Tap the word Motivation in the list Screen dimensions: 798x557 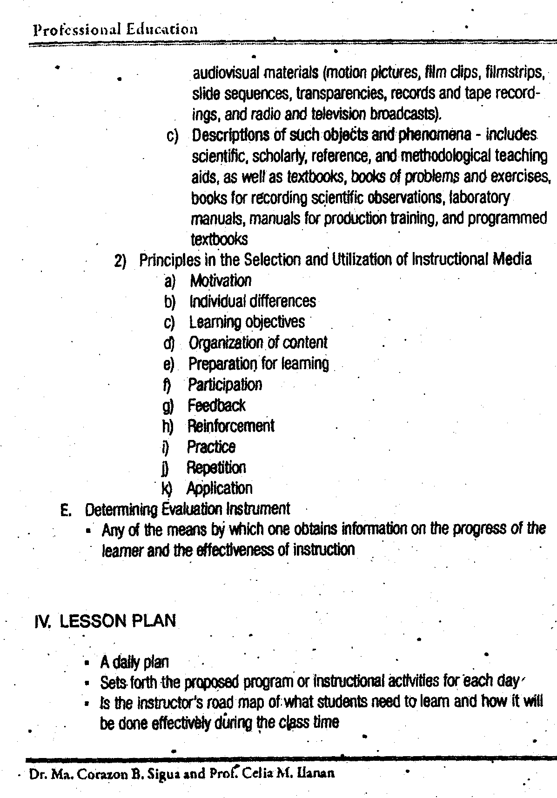pyautogui.click(x=221, y=280)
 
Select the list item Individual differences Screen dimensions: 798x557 pyautogui.click(x=253, y=301)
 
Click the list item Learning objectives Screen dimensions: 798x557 pyautogui.click(x=247, y=322)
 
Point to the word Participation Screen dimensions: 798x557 pyautogui.click(x=225, y=385)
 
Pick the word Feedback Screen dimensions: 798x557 pyautogui.click(x=216, y=406)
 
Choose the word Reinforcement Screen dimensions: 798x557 pyautogui.click(x=231, y=426)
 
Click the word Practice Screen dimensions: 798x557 pyautogui.click(x=211, y=447)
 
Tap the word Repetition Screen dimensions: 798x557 pyautogui.click(x=216, y=467)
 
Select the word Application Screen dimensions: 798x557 pyautogui.click(x=219, y=488)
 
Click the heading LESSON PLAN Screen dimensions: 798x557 pyautogui.click(x=118, y=621)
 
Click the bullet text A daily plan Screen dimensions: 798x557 pyautogui.click(x=134, y=662)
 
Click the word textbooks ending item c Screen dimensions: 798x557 pyautogui.click(x=219, y=239)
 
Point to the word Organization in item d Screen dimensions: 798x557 pyautogui.click(x=226, y=343)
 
